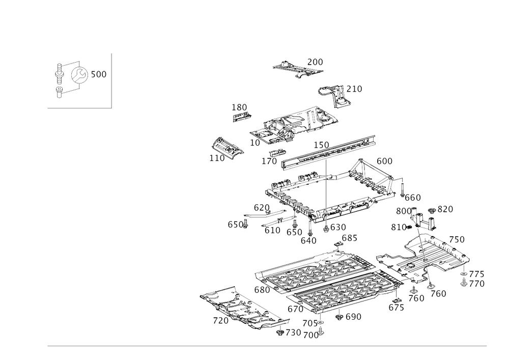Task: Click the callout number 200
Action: tap(316, 62)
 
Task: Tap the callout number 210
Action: tap(355, 90)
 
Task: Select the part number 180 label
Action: tap(239, 107)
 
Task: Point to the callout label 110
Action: tap(217, 158)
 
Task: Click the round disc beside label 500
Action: tap(79, 75)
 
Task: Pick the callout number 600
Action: tap(385, 161)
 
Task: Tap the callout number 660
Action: tap(413, 198)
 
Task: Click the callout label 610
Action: tap(272, 230)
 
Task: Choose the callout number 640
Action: tap(309, 240)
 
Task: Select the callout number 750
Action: tap(439, 294)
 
